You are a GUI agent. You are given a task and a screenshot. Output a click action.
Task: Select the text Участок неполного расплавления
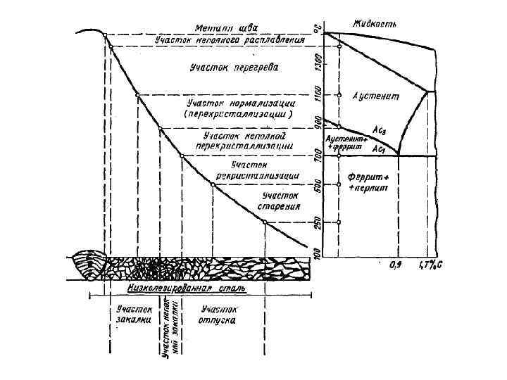[229, 41]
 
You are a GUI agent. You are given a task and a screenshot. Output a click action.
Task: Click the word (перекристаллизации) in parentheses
[237, 113]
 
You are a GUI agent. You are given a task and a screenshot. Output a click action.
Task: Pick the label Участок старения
[279, 201]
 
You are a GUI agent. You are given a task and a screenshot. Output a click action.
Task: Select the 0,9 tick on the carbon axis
[396, 267]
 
